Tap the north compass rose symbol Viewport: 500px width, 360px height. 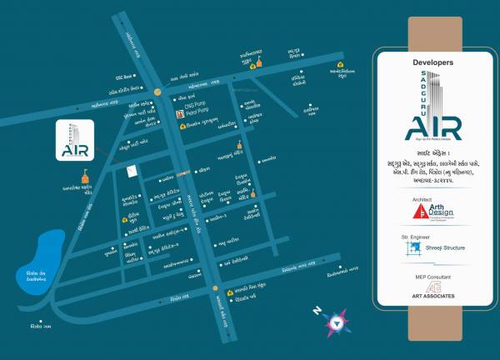point(337,320)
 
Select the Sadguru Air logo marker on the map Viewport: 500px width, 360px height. point(72,140)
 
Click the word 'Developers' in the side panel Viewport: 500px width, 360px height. point(432,62)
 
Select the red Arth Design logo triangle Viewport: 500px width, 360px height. point(422,212)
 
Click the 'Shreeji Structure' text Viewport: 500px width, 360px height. point(443,248)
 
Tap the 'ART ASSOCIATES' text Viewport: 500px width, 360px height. point(433,296)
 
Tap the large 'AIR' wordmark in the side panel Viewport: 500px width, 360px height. point(432,128)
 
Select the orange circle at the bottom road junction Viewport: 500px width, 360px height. point(217,291)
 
